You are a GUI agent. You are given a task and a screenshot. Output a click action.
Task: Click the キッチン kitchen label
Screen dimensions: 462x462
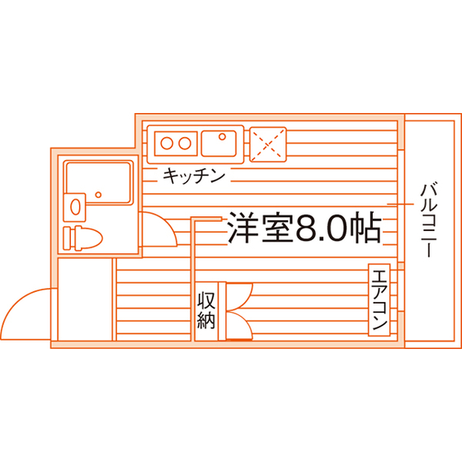point(194,176)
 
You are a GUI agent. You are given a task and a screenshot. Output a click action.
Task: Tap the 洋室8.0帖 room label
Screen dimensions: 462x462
point(304,228)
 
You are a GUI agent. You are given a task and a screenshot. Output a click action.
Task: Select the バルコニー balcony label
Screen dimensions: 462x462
point(429,219)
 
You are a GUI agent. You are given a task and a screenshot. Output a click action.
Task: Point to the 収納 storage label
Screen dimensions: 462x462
point(206,310)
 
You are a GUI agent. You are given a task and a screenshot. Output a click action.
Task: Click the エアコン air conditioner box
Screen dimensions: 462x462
point(379,300)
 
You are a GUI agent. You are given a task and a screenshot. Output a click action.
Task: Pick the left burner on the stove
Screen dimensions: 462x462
point(167,144)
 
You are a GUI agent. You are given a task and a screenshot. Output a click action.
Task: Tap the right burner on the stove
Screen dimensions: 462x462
point(185,144)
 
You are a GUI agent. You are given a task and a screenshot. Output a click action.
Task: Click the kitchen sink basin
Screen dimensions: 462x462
point(219,144)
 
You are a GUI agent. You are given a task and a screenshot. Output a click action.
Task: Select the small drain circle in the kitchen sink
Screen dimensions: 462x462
point(223,137)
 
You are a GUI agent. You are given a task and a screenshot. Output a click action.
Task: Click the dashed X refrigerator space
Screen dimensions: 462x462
point(268,144)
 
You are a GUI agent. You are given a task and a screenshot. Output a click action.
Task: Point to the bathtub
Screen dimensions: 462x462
point(99,182)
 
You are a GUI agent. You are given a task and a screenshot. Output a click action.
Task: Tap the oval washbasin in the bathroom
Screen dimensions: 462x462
point(75,206)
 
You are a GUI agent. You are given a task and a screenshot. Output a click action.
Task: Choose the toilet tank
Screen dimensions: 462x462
point(68,238)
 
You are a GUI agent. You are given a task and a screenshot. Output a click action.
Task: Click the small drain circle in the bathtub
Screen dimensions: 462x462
point(98,195)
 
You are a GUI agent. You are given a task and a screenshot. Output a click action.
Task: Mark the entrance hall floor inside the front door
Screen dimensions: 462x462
point(85,299)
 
